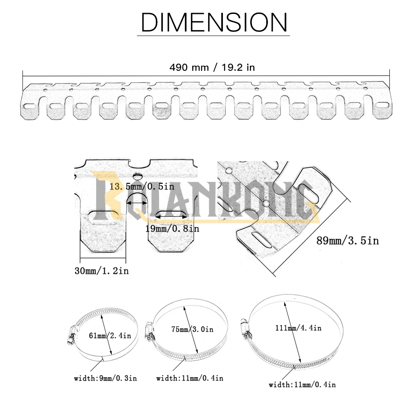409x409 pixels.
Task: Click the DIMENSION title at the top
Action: tap(213, 22)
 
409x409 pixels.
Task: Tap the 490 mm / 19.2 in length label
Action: tap(212, 67)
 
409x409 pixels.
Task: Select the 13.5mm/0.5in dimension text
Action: tap(142, 187)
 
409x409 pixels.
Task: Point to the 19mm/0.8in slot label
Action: tap(172, 229)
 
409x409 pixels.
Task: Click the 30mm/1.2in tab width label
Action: tap(102, 271)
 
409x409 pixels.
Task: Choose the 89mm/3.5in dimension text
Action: tap(347, 240)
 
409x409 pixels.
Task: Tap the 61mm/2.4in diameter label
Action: tap(110, 335)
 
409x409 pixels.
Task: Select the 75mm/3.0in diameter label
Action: tap(192, 329)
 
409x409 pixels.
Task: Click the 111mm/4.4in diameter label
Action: tap(299, 328)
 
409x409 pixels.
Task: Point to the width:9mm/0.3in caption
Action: tap(106, 378)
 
